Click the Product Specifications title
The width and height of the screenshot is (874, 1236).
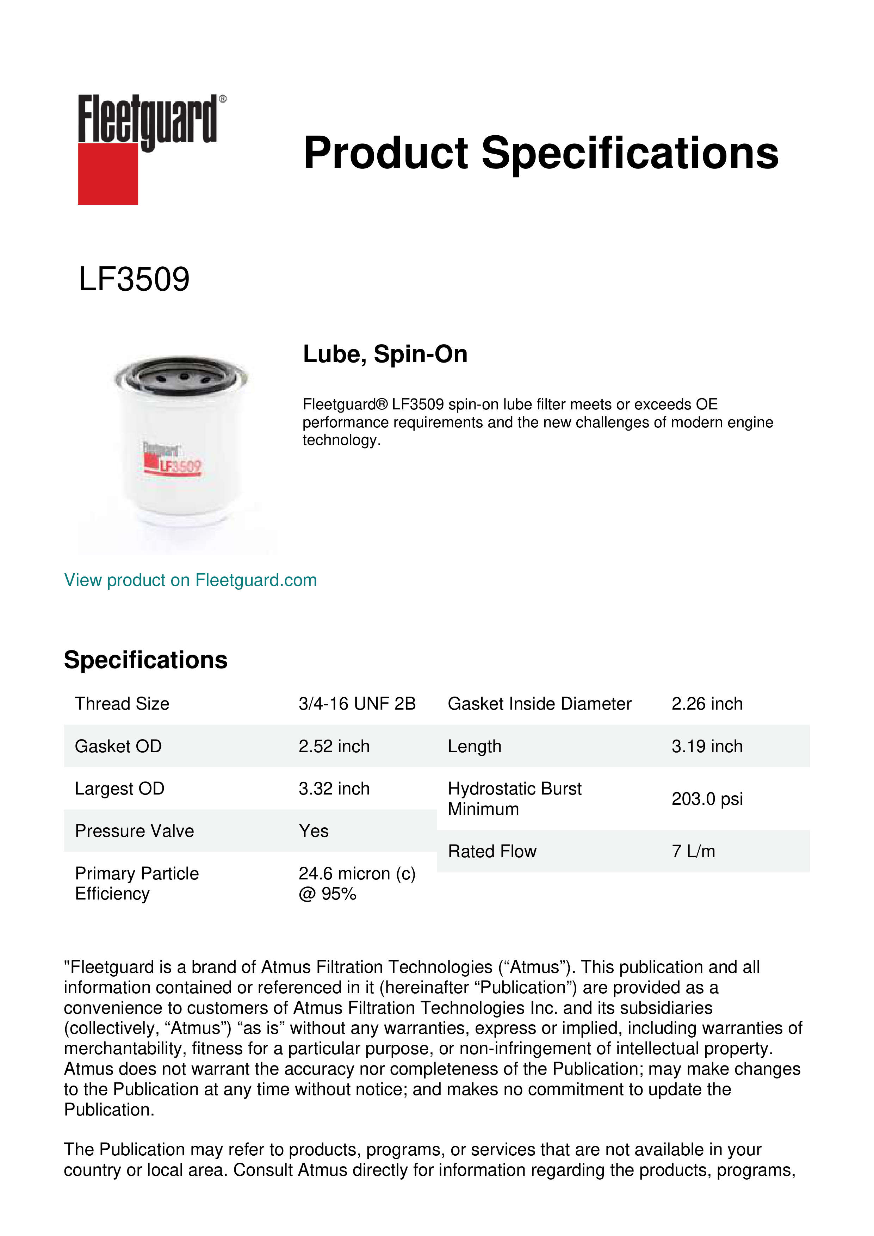[540, 153]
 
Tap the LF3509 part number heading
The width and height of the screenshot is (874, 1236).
[134, 279]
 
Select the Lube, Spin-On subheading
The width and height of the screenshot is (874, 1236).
[385, 354]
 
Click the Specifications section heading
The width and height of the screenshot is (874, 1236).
[145, 660]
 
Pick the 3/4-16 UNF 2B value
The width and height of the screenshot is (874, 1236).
[357, 704]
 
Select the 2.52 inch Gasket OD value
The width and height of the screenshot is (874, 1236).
[334, 746]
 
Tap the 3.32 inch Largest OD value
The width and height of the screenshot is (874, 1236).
[334, 789]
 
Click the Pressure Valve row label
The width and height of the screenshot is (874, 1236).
[134, 831]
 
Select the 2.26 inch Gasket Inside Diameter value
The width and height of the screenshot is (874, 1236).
[707, 704]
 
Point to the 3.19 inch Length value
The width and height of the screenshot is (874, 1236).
[707, 746]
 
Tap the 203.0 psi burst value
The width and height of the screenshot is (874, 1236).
[707, 799]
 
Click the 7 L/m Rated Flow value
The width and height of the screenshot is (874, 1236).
[693, 851]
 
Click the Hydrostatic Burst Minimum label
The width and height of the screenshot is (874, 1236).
[514, 799]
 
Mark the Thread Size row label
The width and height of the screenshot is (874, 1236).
[122, 704]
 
